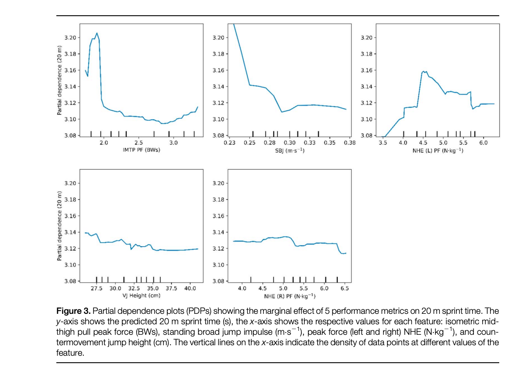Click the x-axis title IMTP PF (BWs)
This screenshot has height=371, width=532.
tap(138, 150)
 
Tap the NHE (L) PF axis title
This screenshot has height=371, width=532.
tap(437, 151)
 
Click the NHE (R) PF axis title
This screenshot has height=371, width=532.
tap(289, 296)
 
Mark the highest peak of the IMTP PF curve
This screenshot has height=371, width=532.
tap(97, 33)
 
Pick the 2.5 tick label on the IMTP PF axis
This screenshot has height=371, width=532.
tap(138, 143)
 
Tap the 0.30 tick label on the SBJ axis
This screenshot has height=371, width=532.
tap(290, 143)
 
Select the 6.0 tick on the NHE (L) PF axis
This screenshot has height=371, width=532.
tap(484, 143)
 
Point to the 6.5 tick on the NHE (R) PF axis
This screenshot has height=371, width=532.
tap(345, 289)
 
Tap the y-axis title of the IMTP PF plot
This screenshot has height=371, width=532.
tap(59, 88)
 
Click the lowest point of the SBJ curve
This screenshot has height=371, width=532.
tap(282, 112)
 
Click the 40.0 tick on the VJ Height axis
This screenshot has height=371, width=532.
tap(190, 289)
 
